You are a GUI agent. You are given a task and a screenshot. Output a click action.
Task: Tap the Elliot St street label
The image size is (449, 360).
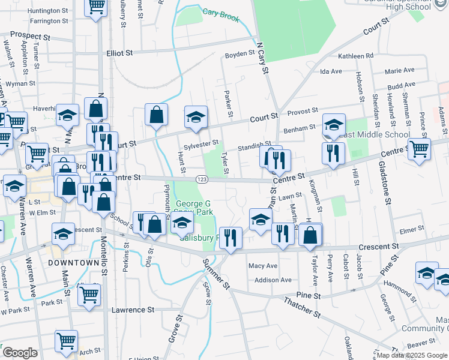point(119,53)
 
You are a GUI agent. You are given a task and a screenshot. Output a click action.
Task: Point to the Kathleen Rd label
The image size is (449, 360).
point(356,56)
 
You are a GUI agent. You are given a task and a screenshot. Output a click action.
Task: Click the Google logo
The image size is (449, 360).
point(20,352)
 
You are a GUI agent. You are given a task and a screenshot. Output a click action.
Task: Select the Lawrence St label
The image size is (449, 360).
point(133,310)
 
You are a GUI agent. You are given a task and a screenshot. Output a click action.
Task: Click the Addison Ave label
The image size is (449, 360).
point(273,280)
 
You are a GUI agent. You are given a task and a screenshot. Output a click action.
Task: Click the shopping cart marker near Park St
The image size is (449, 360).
point(89,295)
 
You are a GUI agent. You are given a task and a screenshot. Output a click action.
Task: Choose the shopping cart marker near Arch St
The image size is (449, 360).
point(66,341)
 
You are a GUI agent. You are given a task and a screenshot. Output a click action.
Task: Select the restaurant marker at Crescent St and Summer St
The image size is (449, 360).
point(230,238)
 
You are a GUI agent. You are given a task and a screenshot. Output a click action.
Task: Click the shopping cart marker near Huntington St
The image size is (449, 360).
point(96,7)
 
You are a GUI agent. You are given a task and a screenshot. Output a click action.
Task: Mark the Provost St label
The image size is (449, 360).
point(302,111)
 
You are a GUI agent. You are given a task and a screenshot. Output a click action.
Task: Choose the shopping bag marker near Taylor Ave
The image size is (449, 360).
point(310,235)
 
